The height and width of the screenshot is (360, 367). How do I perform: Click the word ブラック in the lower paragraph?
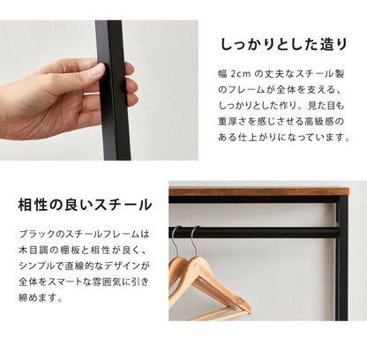tap(39, 235)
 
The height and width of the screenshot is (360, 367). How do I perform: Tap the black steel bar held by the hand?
tap(114, 88)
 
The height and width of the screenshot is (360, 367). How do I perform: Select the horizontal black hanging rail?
tap(256, 232)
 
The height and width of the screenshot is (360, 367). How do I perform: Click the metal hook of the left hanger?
tap(176, 241)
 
